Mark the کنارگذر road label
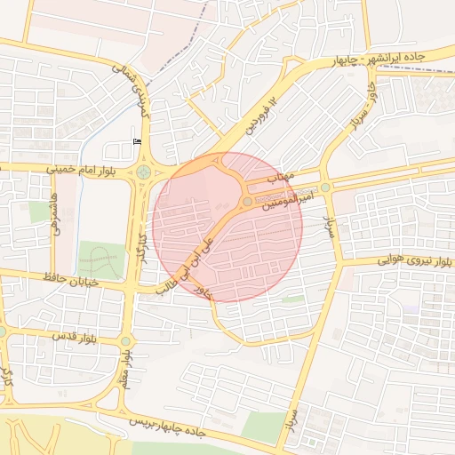pos(140,250)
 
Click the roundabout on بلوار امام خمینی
pos(143,172)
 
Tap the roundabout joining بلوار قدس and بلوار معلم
pos(125,340)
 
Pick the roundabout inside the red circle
pos(247,203)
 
